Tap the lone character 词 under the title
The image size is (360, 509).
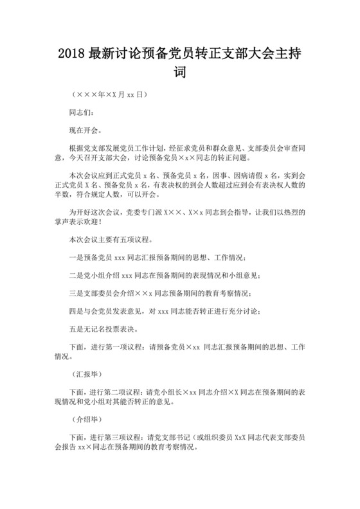(x=181, y=73)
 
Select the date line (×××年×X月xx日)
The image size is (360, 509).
(x=109, y=94)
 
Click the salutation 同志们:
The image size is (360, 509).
(x=82, y=111)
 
